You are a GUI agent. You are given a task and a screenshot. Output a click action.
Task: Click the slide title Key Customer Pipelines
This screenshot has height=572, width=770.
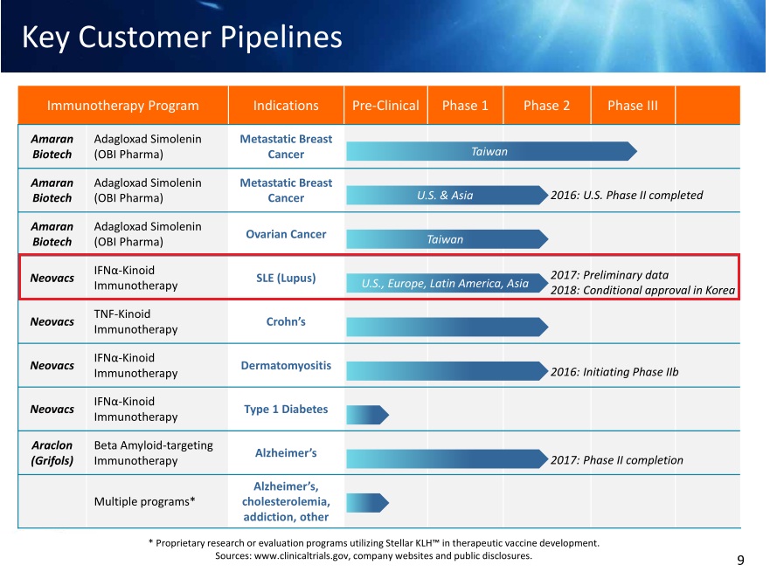click(x=182, y=38)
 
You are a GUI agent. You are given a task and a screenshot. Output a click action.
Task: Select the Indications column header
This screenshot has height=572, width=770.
click(x=286, y=106)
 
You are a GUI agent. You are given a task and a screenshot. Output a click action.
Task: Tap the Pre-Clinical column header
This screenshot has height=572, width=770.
click(x=385, y=106)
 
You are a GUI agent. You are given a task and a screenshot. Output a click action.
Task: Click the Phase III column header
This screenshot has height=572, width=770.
click(x=633, y=106)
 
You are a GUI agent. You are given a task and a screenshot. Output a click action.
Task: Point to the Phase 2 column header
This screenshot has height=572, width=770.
click(x=546, y=106)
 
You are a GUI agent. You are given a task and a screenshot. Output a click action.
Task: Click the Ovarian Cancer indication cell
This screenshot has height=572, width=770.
click(x=286, y=235)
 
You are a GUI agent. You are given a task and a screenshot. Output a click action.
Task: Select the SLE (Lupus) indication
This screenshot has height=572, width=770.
click(x=286, y=279)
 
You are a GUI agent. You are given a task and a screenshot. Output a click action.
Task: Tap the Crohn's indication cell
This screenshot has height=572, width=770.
click(x=286, y=322)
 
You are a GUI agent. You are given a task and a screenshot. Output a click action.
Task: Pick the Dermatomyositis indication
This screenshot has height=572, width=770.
click(x=286, y=366)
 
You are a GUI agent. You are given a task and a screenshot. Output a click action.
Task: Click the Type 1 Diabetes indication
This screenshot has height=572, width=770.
click(x=286, y=409)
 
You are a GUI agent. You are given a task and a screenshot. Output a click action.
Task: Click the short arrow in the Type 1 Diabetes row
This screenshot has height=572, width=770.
click(x=367, y=415)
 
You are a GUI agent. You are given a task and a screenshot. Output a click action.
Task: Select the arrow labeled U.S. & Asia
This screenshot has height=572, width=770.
click(x=447, y=196)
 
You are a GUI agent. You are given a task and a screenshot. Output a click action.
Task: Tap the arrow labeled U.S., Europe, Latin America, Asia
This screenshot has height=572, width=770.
click(x=447, y=283)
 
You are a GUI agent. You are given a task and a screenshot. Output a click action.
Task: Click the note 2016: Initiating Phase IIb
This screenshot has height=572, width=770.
click(x=614, y=372)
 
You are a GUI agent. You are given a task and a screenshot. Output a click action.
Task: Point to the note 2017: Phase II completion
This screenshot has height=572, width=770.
click(x=617, y=460)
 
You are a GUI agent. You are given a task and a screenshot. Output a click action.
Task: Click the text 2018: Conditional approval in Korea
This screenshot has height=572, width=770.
click(x=642, y=291)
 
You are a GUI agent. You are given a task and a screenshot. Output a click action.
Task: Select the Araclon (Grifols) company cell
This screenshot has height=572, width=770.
click(x=52, y=452)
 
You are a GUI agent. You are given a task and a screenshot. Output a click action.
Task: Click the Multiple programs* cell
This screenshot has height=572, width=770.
click(x=145, y=501)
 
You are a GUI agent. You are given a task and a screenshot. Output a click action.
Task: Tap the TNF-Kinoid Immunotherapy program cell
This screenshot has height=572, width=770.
click(x=136, y=322)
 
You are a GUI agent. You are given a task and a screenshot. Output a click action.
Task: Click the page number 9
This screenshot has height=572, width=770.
click(x=740, y=560)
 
